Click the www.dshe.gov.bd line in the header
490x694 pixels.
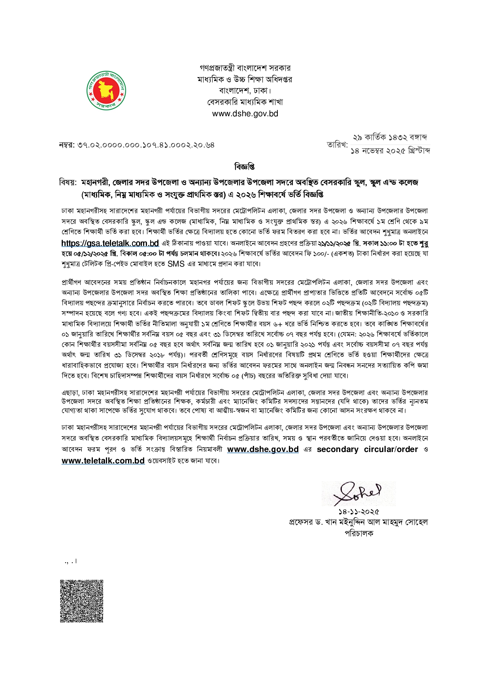pos(245,113)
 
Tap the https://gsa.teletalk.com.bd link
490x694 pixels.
pos(110,243)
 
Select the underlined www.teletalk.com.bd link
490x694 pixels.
pos(103,461)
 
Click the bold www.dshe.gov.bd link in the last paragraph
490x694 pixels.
pos(263,449)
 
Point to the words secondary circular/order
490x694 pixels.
pos(367,449)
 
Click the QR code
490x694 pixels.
pos(81,601)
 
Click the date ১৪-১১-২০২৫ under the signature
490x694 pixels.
pos(358,512)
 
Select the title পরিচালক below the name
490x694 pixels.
pos(359,533)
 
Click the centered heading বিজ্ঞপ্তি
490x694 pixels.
pos(244,167)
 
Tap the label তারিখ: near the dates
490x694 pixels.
pos(337,145)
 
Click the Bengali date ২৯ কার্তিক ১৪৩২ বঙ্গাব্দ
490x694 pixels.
pos(390,138)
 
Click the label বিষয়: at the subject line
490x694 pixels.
pos(68,182)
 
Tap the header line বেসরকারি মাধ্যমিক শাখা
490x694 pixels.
pos(245,102)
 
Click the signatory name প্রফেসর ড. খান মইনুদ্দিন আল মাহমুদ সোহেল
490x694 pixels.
pos(358,522)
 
